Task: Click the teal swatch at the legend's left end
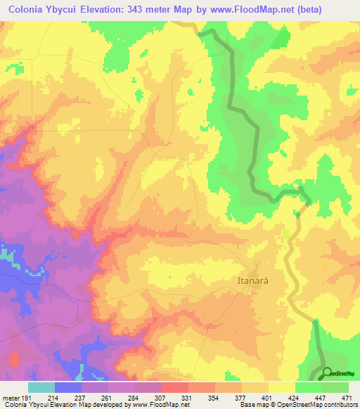point(41,387)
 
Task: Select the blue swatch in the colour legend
point(68,387)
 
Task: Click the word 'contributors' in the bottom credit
point(338,404)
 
